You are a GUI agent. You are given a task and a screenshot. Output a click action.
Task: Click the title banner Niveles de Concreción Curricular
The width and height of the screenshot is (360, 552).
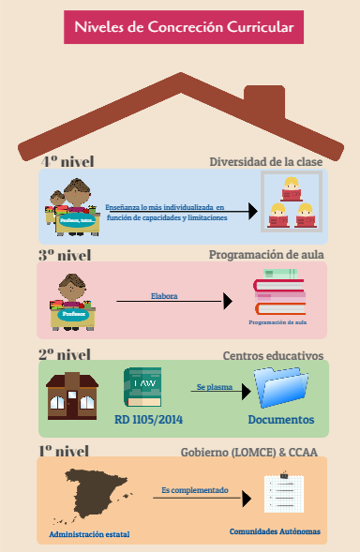pos(184,28)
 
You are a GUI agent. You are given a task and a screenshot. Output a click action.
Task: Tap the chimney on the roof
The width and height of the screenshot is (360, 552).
pos(263,101)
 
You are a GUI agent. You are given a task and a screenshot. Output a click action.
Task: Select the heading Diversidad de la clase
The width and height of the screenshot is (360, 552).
pos(265,161)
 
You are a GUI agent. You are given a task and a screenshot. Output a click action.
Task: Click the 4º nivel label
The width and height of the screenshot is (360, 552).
pos(67,161)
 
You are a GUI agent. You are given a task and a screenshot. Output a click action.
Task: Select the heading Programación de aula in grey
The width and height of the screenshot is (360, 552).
pos(266,255)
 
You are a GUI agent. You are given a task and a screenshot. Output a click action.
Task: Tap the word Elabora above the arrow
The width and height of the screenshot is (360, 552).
pos(164,295)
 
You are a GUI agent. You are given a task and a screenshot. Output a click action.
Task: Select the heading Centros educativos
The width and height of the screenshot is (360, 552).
pos(273,356)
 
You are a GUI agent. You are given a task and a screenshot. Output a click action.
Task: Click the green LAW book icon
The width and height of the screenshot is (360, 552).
pos(142,386)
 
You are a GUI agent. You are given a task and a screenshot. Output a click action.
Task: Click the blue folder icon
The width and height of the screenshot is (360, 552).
pos(281,386)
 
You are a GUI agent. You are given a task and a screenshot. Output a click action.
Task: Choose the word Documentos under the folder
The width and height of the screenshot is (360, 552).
pos(281,419)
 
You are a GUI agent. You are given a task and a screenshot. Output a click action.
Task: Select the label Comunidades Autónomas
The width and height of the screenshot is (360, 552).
pos(275,531)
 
